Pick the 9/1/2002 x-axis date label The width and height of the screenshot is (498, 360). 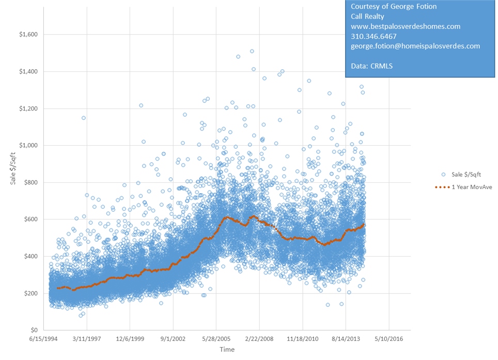pyautogui.click(x=174, y=340)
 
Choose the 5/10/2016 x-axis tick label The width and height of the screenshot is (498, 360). pyautogui.click(x=388, y=340)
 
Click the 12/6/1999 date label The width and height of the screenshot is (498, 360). pyautogui.click(x=130, y=340)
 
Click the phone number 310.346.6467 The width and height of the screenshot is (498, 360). pyautogui.click(x=374, y=36)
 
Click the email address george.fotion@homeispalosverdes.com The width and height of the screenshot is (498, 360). pyautogui.click(x=415, y=46)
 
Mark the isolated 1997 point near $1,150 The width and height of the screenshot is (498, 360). pyautogui.click(x=83, y=118)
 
